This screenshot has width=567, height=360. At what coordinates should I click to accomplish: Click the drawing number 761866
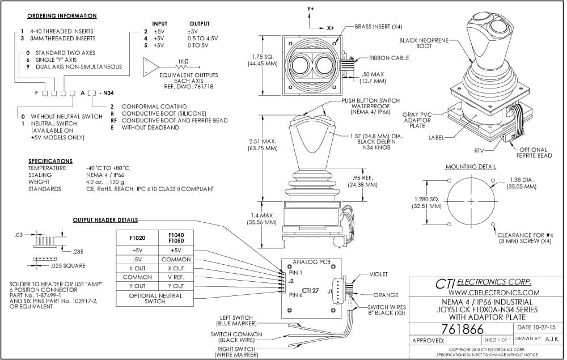[x=462, y=329]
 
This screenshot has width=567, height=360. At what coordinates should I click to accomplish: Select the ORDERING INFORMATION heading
[x=62, y=16]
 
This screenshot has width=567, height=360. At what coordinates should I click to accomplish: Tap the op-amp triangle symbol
[x=151, y=67]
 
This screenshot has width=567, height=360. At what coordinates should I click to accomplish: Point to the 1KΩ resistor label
[x=183, y=61]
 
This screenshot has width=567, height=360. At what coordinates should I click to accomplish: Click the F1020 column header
[x=137, y=238]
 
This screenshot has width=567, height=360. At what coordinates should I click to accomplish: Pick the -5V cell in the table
[x=137, y=260]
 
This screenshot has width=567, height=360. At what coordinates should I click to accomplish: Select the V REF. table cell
[x=176, y=277]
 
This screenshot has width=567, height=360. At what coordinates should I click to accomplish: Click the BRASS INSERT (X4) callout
[x=378, y=27]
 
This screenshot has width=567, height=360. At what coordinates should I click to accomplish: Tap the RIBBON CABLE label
[x=389, y=58]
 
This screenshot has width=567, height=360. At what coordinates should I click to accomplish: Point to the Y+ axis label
[x=311, y=8]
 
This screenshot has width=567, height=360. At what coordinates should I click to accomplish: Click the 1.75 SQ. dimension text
[x=263, y=57]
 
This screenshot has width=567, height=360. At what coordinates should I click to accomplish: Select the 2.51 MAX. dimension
[x=263, y=141]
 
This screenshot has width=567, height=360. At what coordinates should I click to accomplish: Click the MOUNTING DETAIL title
[x=471, y=167]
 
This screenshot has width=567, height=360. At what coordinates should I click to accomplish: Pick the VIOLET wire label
[x=379, y=274]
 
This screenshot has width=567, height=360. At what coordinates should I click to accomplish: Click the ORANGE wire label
[x=386, y=295]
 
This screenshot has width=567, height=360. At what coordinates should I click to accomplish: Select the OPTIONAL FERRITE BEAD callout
[x=534, y=153]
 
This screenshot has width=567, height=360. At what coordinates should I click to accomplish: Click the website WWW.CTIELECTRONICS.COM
[x=494, y=293]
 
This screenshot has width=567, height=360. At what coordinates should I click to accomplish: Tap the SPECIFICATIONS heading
[x=50, y=161]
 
